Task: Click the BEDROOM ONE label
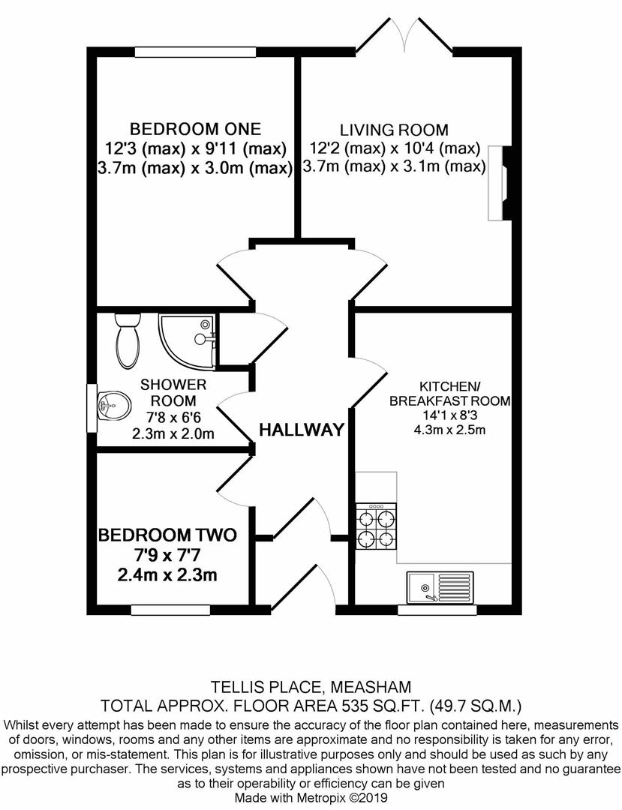tap(195, 128)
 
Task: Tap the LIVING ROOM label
tap(394, 129)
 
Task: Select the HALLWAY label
tap(302, 429)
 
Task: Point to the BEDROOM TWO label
tap(167, 535)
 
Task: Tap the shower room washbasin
tap(113, 404)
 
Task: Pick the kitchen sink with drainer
tap(440, 586)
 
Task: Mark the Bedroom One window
tap(195, 52)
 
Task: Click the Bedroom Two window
tap(170, 610)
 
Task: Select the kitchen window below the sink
tap(437, 610)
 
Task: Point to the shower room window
tap(92, 408)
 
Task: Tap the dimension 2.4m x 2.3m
tap(167, 575)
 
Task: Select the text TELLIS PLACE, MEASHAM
tap(311, 687)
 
